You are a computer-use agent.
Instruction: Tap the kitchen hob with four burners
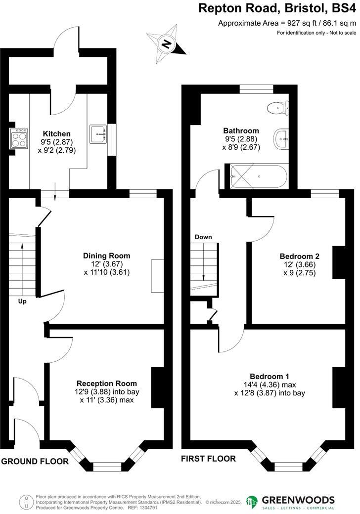coord(19,138)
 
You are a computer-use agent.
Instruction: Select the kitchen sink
coord(99,133)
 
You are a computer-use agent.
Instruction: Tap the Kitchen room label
coord(56,134)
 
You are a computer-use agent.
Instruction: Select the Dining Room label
coord(106,256)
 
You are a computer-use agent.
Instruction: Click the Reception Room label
coord(106,383)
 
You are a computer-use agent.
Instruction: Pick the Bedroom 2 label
coord(299,256)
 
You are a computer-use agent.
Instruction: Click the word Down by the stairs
coord(203,237)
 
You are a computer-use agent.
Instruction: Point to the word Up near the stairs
coord(22,301)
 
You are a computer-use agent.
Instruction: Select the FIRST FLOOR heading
coord(208,458)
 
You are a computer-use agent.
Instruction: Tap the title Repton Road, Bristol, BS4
coord(277,8)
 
